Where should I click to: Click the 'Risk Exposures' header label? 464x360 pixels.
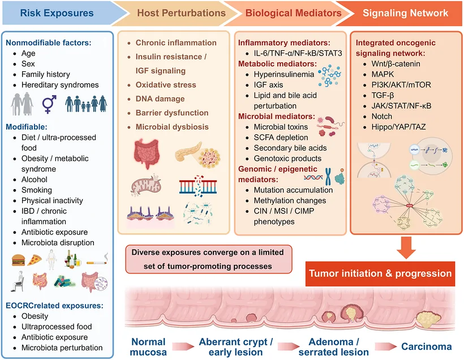point(57,13)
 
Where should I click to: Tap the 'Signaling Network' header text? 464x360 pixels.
point(405,13)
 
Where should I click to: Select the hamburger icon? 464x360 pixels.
point(18,260)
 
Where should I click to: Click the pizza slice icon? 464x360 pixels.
point(35,260)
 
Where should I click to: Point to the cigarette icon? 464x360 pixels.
point(97,260)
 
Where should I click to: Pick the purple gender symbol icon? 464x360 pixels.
point(49,104)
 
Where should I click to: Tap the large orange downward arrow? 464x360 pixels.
point(406,248)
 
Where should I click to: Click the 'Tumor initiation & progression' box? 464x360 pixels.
point(380,273)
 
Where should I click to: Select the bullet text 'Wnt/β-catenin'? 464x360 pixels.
point(396,63)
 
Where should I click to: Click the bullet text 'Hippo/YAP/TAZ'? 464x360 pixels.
point(398,127)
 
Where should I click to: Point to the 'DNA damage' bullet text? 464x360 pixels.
point(160,99)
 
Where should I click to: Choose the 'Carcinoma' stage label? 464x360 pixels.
point(427,346)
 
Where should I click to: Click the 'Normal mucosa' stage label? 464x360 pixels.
point(148,347)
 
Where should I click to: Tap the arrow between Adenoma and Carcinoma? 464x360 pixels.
point(385,346)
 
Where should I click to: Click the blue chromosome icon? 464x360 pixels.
point(328,177)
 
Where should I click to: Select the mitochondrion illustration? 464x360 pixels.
point(145,186)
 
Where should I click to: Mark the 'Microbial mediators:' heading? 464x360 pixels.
point(276,117)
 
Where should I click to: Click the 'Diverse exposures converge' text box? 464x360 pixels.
point(209,259)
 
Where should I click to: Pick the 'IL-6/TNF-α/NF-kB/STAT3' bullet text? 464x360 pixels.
point(298,53)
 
